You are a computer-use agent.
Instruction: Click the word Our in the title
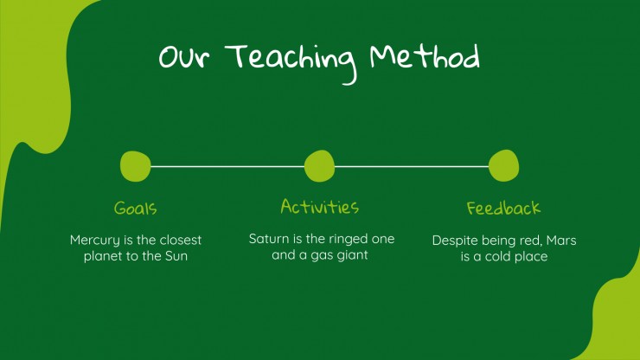point(184,57)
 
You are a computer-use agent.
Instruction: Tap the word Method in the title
point(425,56)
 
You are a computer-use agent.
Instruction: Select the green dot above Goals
point(136,166)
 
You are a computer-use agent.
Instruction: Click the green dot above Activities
point(320,166)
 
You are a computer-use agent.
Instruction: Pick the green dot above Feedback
point(503,165)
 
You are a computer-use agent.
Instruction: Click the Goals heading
point(136,208)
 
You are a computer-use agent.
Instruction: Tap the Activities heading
point(320,206)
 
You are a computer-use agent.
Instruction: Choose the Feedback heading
point(503,208)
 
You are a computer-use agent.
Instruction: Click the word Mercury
point(95,241)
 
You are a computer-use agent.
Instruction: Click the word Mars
point(561,241)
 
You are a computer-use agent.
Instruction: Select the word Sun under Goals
point(176,256)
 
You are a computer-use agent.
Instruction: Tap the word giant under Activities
point(353,255)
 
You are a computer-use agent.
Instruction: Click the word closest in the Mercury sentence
point(181,240)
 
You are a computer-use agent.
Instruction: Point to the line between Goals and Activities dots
point(227,167)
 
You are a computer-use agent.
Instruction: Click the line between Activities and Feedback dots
point(412,167)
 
